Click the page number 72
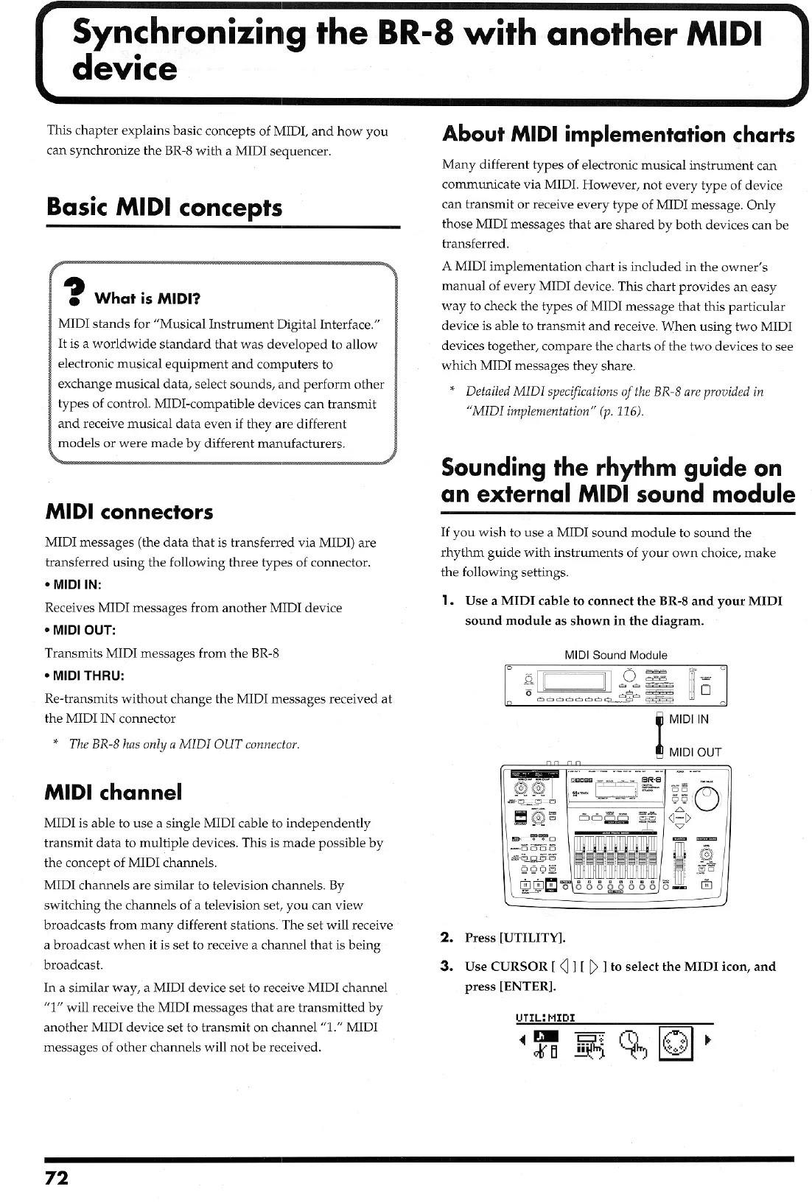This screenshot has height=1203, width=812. click(x=57, y=1177)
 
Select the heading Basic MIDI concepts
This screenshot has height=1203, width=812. click(x=164, y=207)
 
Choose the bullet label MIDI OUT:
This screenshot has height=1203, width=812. click(x=80, y=630)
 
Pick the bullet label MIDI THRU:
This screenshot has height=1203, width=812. click(x=84, y=676)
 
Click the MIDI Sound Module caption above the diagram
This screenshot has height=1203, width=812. click(x=615, y=655)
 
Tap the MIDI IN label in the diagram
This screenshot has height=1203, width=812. click(x=689, y=718)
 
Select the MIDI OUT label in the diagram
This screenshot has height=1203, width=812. click(x=694, y=752)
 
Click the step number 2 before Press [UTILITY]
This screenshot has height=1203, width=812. click(x=446, y=937)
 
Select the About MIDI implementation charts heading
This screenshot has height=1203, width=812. click(x=617, y=134)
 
